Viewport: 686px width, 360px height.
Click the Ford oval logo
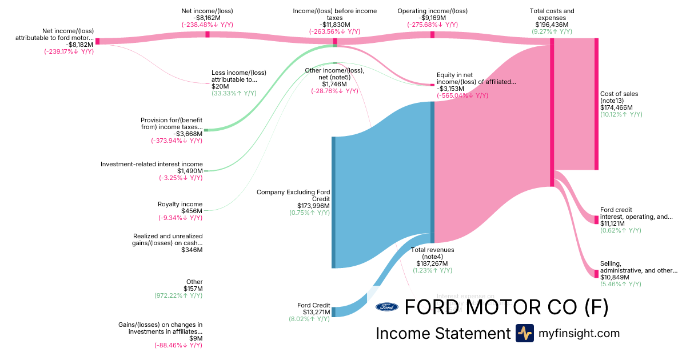387,307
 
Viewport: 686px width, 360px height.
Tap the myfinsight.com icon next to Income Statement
524,333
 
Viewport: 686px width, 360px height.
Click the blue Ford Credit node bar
333,311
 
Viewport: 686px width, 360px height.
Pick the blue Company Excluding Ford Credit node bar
333,202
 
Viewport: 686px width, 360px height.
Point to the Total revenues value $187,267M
432,263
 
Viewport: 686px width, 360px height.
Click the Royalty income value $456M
192,211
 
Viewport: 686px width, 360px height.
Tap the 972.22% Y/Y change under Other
178,295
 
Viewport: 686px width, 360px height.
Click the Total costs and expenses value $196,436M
552,25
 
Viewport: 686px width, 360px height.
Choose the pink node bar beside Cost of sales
596,103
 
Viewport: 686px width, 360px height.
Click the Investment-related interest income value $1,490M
189,171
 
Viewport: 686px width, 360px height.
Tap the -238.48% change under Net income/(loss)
207,25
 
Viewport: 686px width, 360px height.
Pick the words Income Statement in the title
442,333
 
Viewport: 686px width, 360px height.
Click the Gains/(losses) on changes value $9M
196,338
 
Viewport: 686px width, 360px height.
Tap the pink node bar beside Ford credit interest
596,219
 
